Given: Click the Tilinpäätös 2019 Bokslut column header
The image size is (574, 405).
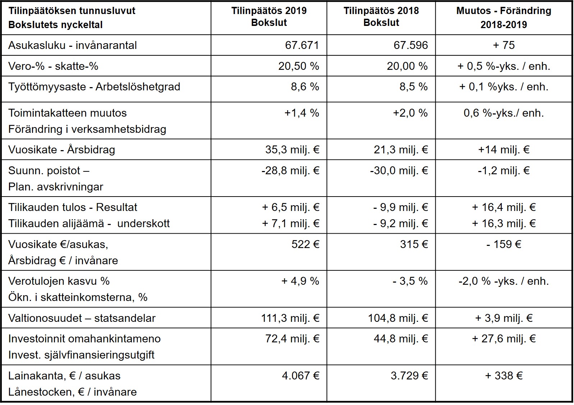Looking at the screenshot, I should click(x=269, y=17).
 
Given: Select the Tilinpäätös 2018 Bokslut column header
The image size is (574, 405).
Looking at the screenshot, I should click(x=381, y=17).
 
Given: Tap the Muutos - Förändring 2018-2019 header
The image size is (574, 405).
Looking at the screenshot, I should click(x=504, y=17).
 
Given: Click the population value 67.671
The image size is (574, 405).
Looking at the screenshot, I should click(x=302, y=45).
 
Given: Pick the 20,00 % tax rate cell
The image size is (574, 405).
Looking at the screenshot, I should click(x=407, y=66).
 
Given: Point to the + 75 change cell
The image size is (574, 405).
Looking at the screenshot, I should click(x=504, y=45).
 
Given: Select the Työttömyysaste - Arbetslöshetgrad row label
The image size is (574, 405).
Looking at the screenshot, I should click(x=94, y=87).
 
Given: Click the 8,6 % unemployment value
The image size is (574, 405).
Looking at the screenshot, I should click(x=305, y=87).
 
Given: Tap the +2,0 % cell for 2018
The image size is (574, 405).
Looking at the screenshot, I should click(x=410, y=113).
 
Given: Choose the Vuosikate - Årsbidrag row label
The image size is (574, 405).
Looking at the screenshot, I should click(x=61, y=149).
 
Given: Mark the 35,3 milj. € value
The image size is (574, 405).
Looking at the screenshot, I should click(x=292, y=149).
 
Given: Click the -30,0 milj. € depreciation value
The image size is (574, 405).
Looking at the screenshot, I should click(x=399, y=170).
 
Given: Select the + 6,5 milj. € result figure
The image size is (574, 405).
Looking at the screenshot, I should click(x=290, y=207).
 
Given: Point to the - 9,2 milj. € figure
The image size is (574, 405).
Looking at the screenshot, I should click(x=400, y=224).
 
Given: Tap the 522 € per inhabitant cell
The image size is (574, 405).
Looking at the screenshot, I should click(x=305, y=244).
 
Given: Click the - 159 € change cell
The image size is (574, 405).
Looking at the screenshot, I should click(x=504, y=244).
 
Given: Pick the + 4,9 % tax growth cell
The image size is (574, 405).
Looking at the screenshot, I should click(x=300, y=281).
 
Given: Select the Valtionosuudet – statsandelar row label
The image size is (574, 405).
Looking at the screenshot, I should click(x=82, y=318).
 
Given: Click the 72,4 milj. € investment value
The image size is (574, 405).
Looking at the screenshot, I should click(x=292, y=338).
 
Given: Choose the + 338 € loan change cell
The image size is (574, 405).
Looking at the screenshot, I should click(x=504, y=375).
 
